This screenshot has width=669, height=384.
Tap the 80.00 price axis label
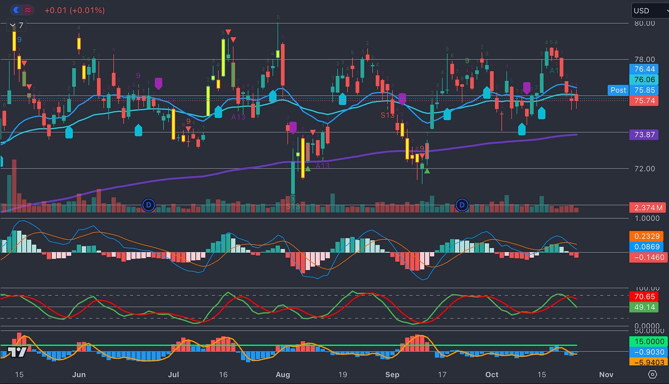coord(644,23)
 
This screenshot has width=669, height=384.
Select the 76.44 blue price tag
coord(645,69)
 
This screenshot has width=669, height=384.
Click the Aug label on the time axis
coord(283,374)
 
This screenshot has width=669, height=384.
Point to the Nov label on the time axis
coord(607,374)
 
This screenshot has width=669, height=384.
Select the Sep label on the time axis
coord(392,374)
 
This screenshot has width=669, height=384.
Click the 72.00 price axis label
coord(644,169)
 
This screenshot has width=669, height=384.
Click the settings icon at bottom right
coord(652,374)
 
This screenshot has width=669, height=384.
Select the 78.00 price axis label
coord(644,59)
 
